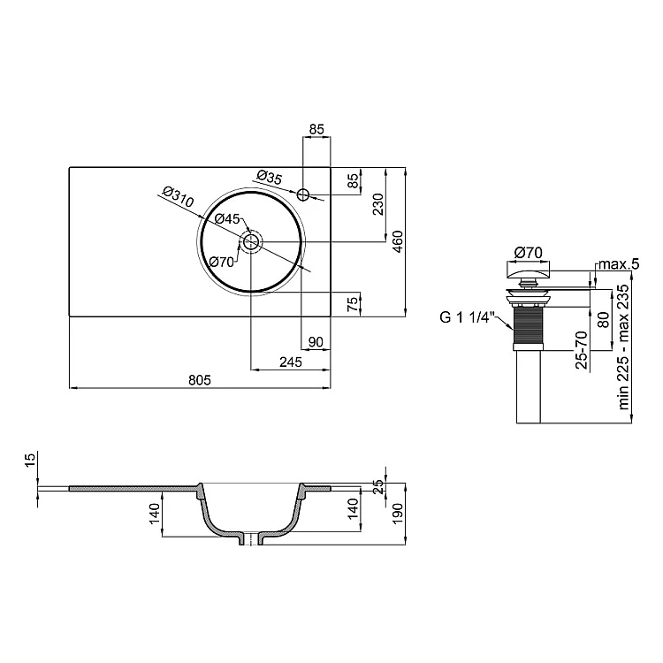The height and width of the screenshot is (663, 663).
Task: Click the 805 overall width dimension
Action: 199,380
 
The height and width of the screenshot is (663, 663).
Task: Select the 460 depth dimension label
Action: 398,241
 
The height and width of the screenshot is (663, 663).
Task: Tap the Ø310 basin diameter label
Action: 178,196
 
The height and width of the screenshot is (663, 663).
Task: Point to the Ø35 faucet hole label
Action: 270,177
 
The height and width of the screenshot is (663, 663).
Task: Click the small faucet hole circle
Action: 303,195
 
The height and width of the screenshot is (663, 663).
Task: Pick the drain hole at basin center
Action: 251,242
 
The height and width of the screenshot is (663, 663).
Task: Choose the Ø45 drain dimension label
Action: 227,218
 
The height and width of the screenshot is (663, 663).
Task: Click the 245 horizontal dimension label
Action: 291,362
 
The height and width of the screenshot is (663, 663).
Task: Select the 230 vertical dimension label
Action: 378,204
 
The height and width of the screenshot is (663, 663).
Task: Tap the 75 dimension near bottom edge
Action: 352,304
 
